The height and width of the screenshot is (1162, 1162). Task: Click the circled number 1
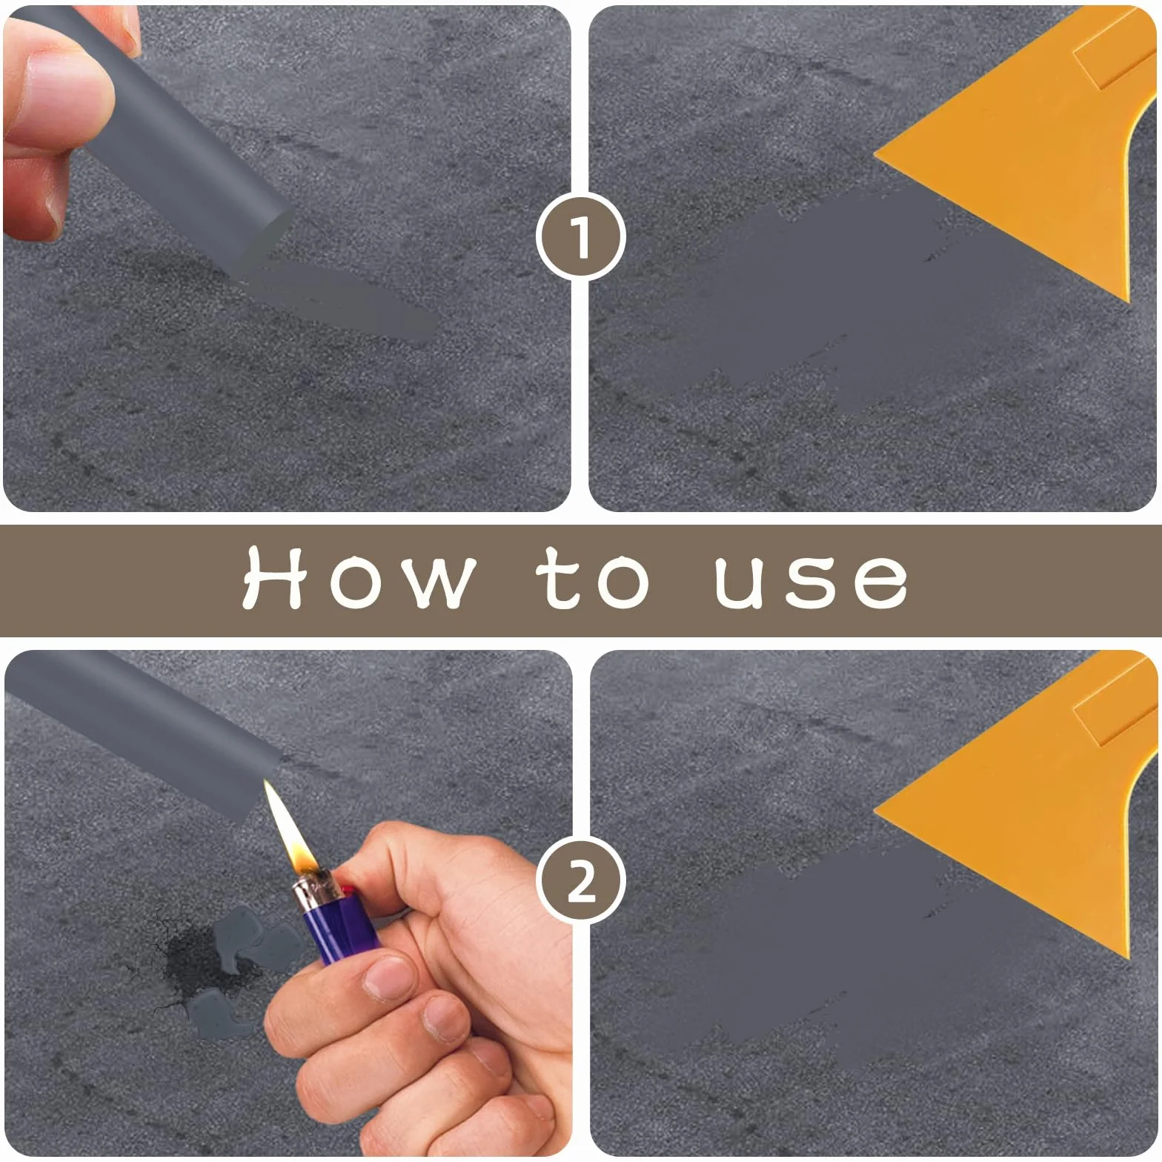581,237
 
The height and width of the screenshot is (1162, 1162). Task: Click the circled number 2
581,881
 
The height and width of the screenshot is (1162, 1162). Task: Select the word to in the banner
595,580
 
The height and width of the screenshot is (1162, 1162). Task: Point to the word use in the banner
811,582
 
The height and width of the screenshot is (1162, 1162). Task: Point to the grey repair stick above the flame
141,730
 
